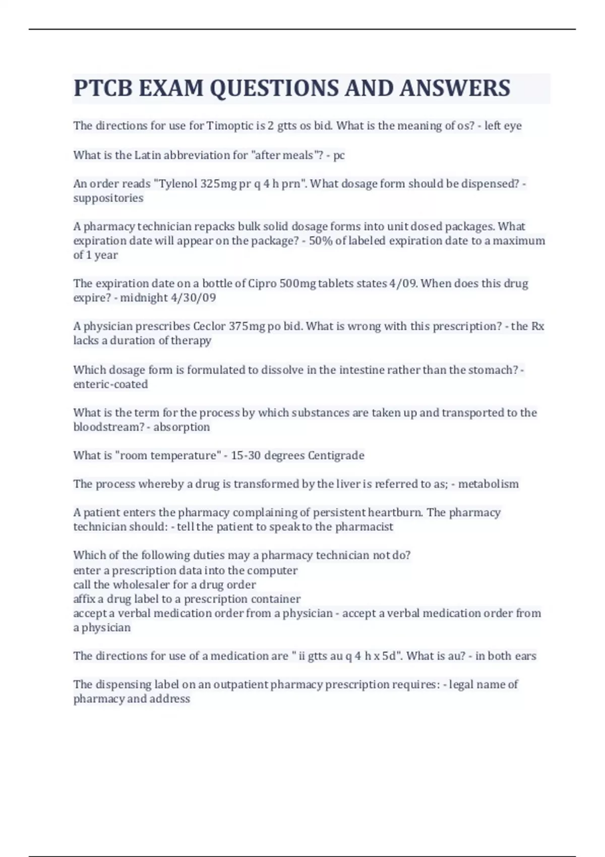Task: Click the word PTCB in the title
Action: (103, 88)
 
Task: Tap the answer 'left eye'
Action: (503, 126)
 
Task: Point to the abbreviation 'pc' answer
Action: (339, 155)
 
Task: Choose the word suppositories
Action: (108, 198)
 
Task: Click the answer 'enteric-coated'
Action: (110, 384)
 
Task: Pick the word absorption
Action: (181, 427)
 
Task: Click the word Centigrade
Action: (336, 456)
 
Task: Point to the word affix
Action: (84, 599)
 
